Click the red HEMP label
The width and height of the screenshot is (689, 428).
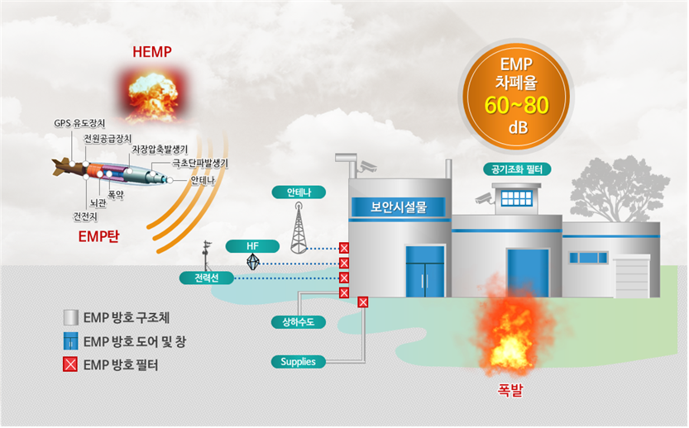(x=152, y=52)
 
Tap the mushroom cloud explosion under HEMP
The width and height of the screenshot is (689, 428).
(x=152, y=90)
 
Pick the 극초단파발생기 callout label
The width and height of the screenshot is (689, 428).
(x=200, y=164)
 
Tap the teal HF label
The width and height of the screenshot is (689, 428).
(x=253, y=246)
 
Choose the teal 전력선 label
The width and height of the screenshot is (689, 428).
(x=207, y=278)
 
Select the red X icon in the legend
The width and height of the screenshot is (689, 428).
(x=72, y=363)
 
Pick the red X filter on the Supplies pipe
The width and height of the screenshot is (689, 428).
(x=362, y=302)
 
